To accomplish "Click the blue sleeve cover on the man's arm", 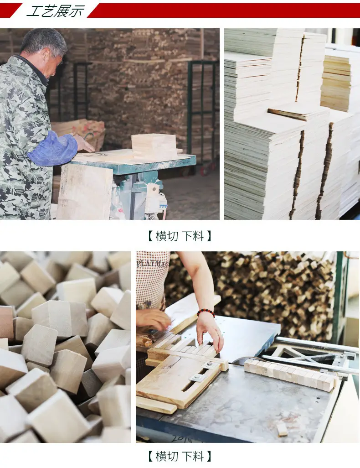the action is pos(53,149).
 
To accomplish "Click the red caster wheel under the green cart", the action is pos(205,171).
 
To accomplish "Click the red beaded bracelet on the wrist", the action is pos(206,312).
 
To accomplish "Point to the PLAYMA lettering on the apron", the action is pos(152,264).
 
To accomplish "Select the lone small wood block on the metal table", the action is pos(282,429).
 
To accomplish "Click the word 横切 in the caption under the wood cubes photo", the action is pos(167,457).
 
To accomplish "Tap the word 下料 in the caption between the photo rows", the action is pos(193,236).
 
